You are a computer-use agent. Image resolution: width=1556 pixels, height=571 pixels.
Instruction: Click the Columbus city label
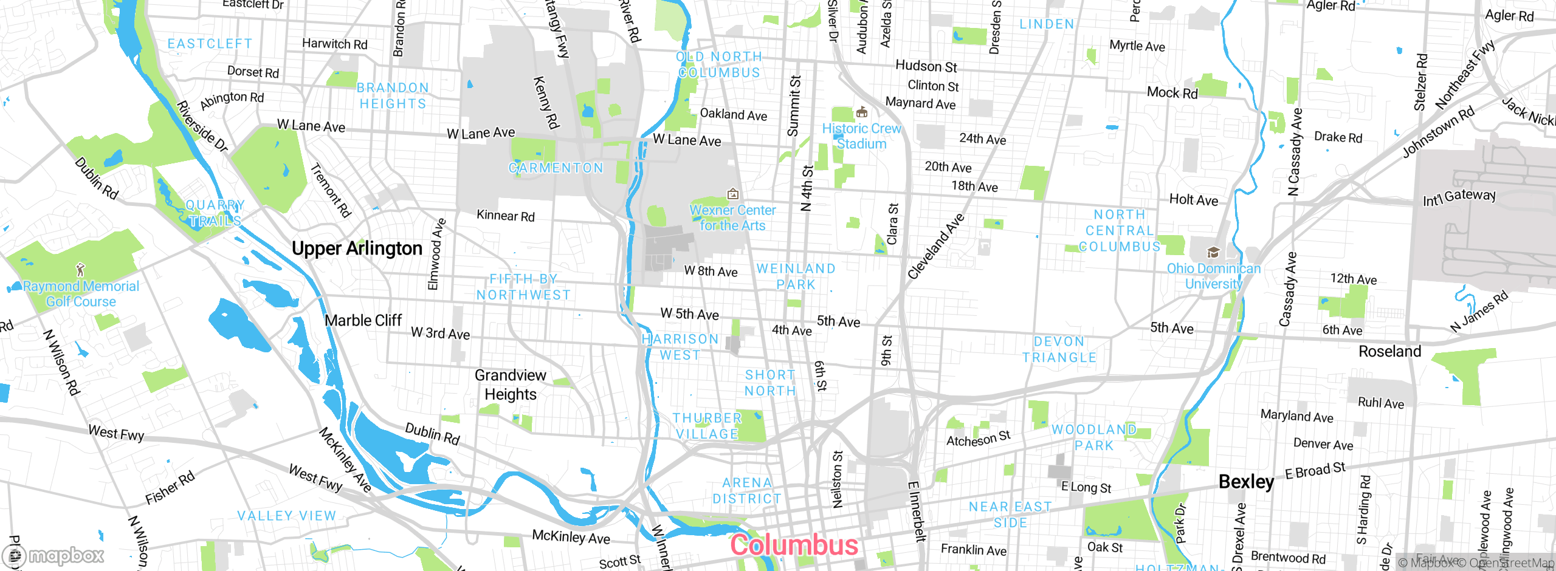pyautogui.click(x=794, y=544)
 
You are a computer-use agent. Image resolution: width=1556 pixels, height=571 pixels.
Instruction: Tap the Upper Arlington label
pyautogui.click(x=357, y=248)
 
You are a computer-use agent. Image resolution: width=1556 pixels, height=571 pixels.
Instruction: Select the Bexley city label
pyautogui.click(x=1246, y=482)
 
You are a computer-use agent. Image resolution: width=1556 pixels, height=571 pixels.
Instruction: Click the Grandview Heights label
pyautogui.click(x=510, y=385)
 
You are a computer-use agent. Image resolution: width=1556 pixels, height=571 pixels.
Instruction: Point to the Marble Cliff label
pyautogui.click(x=363, y=320)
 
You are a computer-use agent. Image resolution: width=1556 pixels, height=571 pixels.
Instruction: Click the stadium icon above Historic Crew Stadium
pyautogui.click(x=861, y=112)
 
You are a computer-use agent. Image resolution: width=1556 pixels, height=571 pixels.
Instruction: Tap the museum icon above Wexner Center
pyautogui.click(x=733, y=194)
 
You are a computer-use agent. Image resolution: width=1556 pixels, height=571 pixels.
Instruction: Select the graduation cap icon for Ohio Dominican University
pyautogui.click(x=1213, y=252)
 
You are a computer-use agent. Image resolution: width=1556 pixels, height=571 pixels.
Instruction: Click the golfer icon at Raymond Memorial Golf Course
pyautogui.click(x=80, y=269)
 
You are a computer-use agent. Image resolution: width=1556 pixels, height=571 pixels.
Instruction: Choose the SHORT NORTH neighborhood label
pyautogui.click(x=770, y=383)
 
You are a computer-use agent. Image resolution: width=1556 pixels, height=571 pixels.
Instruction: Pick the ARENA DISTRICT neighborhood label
pyautogui.click(x=747, y=490)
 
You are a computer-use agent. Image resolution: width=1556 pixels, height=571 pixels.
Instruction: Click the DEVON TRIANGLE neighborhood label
pyautogui.click(x=1059, y=349)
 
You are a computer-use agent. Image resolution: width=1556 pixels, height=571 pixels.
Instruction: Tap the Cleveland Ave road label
pyautogui.click(x=936, y=247)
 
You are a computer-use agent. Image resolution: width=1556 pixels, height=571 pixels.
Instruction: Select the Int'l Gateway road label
pyautogui.click(x=1459, y=197)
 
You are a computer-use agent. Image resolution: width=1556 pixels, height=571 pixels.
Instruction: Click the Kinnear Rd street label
pyautogui.click(x=505, y=216)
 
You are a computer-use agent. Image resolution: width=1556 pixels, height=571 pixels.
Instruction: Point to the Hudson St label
pyautogui.click(x=926, y=66)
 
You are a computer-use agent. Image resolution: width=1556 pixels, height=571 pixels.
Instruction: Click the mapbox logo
pyautogui.click(x=53, y=555)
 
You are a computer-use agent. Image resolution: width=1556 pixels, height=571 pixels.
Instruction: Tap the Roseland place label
pyautogui.click(x=1389, y=351)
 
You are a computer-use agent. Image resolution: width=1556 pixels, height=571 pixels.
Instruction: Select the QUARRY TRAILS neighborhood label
pyautogui.click(x=215, y=213)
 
